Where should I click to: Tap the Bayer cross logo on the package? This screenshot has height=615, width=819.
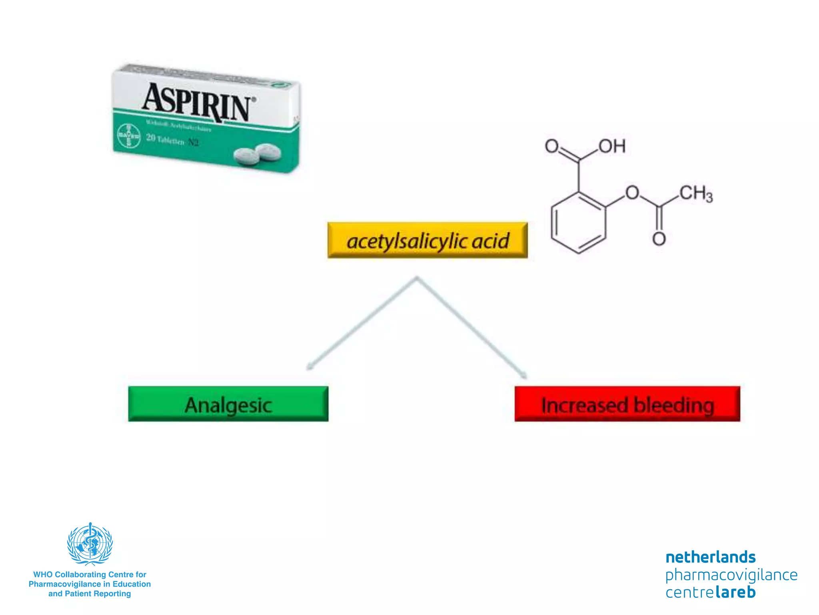128,136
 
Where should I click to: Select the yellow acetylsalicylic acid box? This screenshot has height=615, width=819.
427,240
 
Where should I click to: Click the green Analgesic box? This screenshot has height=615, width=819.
228,404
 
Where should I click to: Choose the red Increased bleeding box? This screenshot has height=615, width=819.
627,404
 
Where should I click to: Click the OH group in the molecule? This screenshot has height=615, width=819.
612,147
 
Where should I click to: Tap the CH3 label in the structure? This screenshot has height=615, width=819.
696,194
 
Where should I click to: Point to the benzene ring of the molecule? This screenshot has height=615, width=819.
578,223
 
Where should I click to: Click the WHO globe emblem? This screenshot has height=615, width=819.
90,544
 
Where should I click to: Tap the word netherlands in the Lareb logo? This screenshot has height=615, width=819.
710,557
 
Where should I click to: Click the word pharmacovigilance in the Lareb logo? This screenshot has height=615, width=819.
731,575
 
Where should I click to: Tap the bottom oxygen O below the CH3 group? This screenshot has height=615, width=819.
659,239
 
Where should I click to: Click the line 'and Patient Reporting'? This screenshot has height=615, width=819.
90,594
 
